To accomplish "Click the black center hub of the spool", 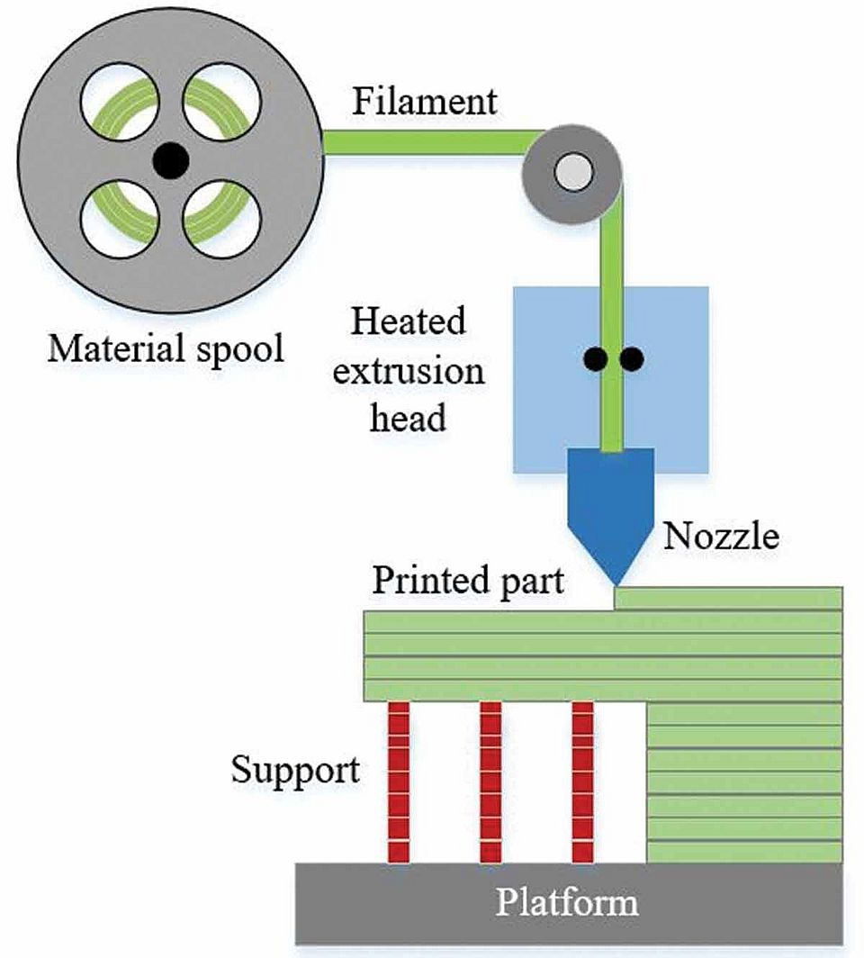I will (x=170, y=161).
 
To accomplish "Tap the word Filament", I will (x=424, y=101).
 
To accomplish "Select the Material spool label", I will (x=166, y=348).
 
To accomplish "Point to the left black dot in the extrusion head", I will (x=594, y=359).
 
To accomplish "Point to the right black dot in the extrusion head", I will (x=632, y=359).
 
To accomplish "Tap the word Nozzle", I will (x=721, y=537).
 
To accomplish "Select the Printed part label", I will (x=468, y=581).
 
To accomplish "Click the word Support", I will (x=295, y=770).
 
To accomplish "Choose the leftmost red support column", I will (x=398, y=782).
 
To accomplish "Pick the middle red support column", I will (x=490, y=782).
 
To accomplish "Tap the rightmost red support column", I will (x=582, y=782).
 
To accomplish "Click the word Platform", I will (x=568, y=901).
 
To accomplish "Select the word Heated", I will (x=409, y=321).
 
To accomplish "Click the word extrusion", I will (x=409, y=370).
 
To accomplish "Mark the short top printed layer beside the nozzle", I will (x=728, y=598).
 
